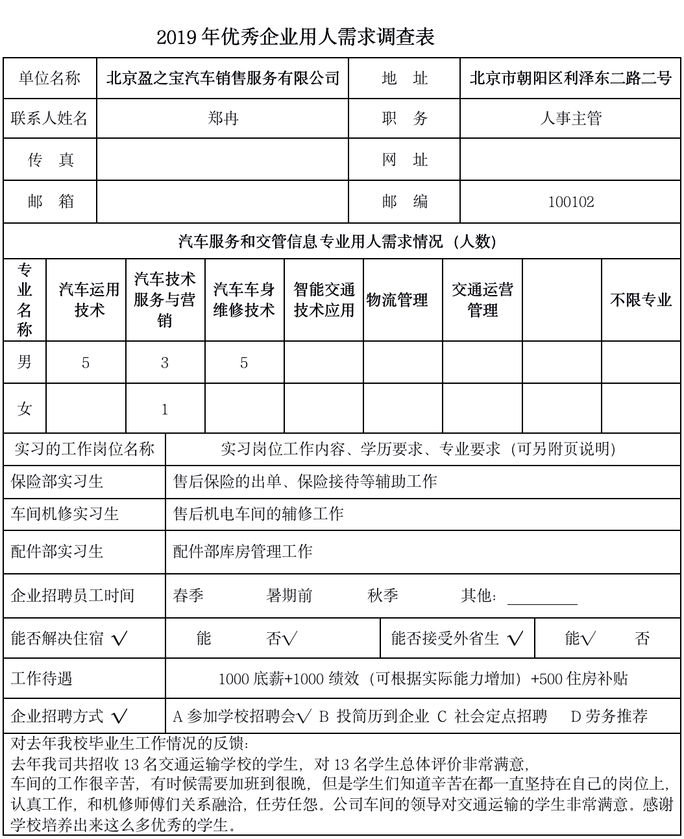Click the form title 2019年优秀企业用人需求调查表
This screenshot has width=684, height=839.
tap(295, 38)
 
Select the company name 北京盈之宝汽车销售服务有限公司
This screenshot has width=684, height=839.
tap(223, 79)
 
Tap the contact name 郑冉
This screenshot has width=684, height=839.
tap(223, 119)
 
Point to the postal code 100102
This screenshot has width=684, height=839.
tap(571, 202)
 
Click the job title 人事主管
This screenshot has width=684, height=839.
tap(571, 119)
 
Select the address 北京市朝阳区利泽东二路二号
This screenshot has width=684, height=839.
tap(571, 79)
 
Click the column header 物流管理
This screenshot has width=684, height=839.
tap(397, 300)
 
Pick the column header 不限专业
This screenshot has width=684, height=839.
tap(641, 300)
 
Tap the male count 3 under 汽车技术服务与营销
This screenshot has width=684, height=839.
tap(165, 363)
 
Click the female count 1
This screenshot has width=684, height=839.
tap(165, 410)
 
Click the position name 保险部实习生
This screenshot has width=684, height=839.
tap(57, 482)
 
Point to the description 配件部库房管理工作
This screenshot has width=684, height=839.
tap(243, 552)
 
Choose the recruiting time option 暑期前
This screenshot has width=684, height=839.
tap(289, 596)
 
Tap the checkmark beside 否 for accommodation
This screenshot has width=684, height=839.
tap(289, 639)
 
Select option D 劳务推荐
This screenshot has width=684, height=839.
tap(609, 716)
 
